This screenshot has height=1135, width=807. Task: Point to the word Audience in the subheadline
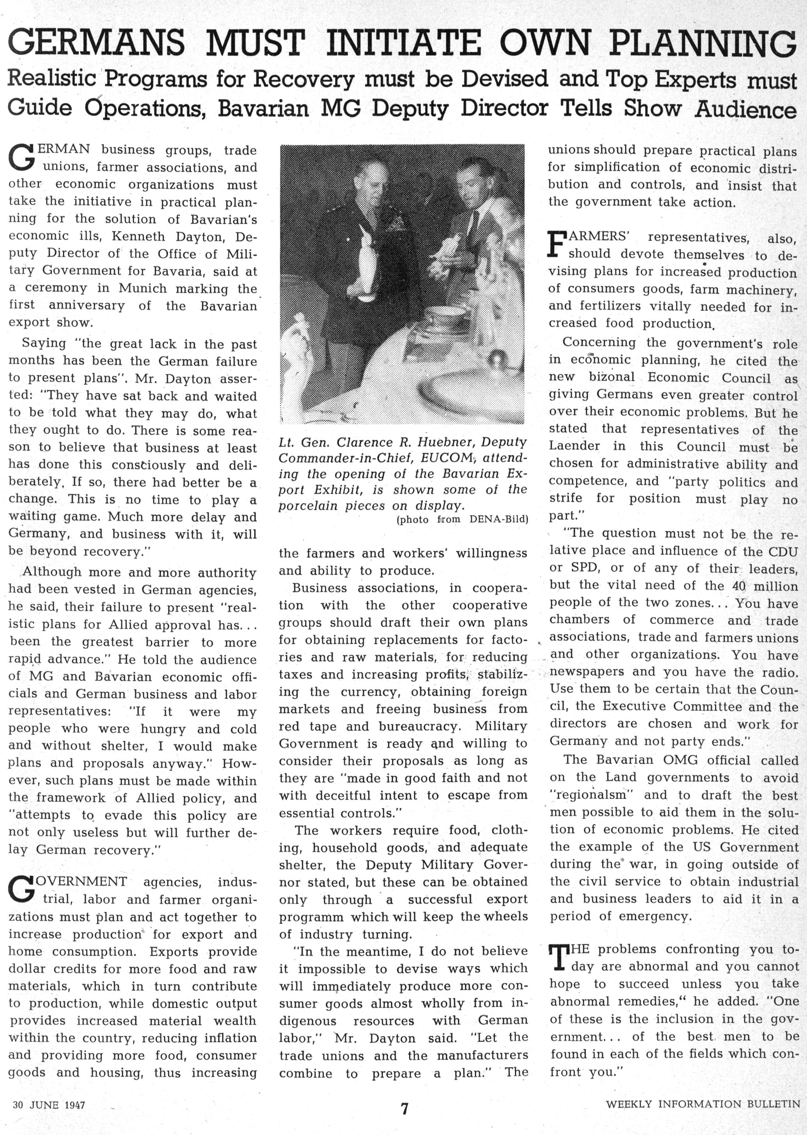[745, 109]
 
